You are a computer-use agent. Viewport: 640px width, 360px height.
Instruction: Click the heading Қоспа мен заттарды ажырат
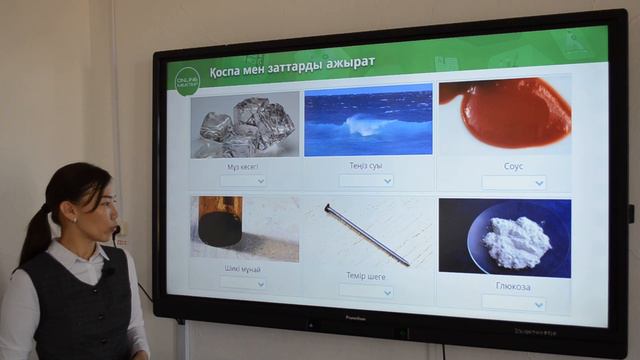click(292, 63)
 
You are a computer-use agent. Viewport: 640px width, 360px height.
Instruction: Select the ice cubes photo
click(245, 125)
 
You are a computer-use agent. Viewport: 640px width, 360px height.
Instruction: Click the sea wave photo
click(367, 123)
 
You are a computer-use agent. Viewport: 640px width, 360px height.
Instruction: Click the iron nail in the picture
click(367, 235)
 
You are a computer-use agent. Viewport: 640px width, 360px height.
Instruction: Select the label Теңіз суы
click(366, 165)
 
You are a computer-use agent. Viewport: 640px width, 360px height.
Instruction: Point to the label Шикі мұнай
click(243, 269)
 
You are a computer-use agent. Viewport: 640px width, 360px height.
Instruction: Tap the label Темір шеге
click(366, 275)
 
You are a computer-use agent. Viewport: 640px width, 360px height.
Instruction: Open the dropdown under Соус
click(514, 183)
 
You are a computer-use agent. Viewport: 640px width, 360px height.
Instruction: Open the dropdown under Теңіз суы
click(366, 181)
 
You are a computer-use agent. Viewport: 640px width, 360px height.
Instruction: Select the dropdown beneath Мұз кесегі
click(243, 181)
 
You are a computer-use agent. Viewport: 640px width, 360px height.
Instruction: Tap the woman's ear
click(72, 212)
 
